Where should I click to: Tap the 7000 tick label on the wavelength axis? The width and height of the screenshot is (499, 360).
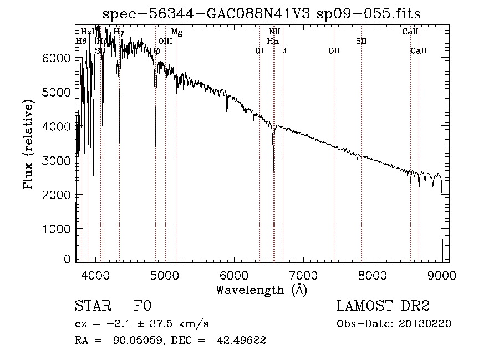click(303, 275)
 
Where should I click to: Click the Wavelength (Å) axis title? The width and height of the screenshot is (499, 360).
click(261, 289)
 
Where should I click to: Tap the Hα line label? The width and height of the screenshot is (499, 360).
click(272, 41)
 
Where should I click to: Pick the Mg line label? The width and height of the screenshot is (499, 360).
click(176, 32)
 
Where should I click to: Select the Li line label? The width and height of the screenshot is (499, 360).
click(283, 50)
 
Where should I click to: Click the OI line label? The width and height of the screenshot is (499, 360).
click(259, 50)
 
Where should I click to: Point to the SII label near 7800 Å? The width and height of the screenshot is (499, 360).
click(361, 41)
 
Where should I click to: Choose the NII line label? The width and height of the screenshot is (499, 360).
click(274, 32)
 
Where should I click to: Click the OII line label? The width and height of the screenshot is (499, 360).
click(334, 50)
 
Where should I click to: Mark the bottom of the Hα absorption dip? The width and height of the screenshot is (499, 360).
click(273, 170)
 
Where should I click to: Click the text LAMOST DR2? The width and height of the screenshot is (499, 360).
click(383, 306)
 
